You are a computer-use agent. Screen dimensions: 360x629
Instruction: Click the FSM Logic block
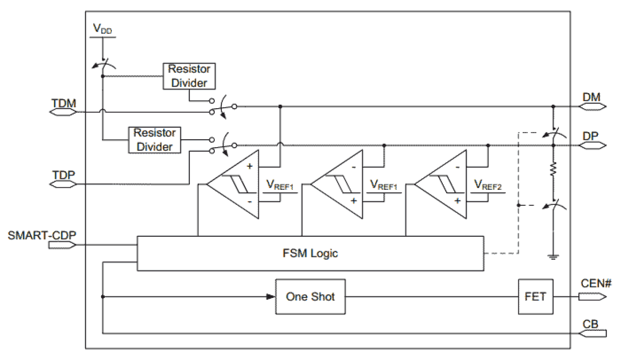click(x=310, y=253)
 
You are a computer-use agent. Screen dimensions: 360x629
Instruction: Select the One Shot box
click(x=310, y=296)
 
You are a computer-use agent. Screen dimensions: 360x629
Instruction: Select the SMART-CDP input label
click(x=42, y=235)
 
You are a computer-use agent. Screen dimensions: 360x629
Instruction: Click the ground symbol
click(x=553, y=257)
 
